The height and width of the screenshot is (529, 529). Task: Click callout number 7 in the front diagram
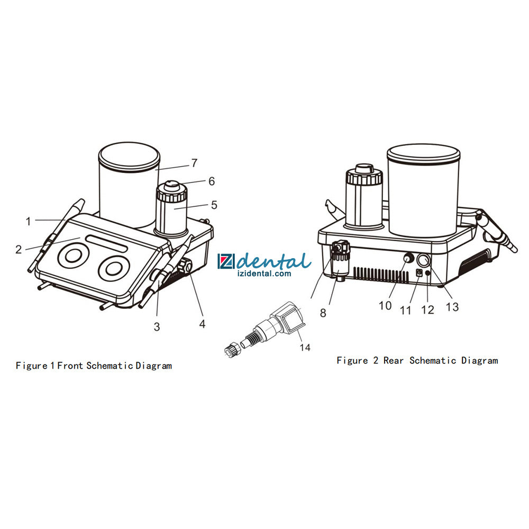pos(194,163)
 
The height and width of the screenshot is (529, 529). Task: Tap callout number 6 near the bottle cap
pos(212,181)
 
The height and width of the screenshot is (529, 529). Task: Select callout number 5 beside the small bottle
pos(214,205)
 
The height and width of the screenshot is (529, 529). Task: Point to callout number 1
pos(29,221)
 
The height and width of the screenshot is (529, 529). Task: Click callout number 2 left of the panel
pos(19,249)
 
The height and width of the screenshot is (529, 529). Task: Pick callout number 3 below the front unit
pos(157,326)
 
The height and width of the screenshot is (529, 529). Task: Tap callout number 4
pos(202,324)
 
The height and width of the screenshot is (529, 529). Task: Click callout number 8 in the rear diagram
pos(323,313)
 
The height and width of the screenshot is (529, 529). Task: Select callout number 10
pos(385,306)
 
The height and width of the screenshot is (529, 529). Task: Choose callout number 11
pos(406,310)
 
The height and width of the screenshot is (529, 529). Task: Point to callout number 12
pos(427,309)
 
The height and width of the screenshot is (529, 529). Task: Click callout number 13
pos(452,307)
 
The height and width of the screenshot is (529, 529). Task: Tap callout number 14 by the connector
pos(305,347)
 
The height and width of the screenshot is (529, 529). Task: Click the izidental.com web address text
pos(264,273)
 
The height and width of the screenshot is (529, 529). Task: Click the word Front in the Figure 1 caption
pos(70,366)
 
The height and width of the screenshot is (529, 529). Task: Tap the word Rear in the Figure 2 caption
pos(394,361)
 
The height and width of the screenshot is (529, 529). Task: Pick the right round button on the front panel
pos(114,269)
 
